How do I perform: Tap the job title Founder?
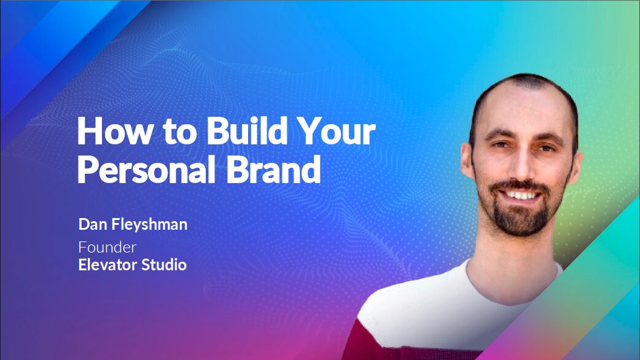tap(107, 247)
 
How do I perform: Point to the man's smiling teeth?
tap(521, 195)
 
